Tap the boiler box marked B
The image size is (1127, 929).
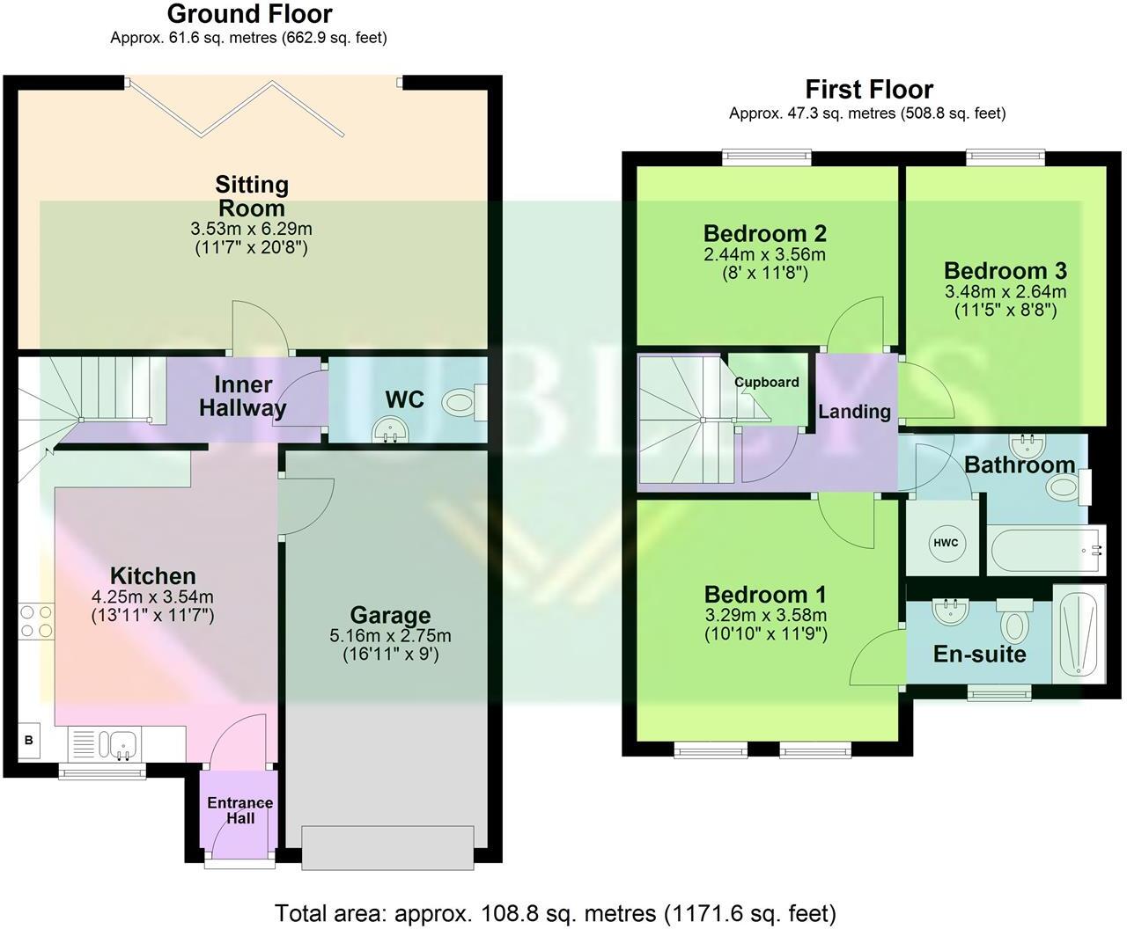pos(29,741)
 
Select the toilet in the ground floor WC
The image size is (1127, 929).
pos(461,404)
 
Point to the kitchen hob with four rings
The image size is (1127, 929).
pos(35,620)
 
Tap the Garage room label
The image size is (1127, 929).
pos(390,615)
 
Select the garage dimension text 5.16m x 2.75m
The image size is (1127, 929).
pos(390,636)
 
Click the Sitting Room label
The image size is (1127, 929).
pos(252,196)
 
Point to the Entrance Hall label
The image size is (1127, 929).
pos(239,810)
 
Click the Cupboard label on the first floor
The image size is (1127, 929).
pos(767,382)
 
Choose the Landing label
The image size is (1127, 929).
pos(854,411)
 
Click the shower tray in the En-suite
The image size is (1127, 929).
pos(1079,633)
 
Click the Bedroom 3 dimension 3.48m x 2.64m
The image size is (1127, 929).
pos(1005,292)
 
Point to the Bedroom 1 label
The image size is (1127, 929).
pos(764,594)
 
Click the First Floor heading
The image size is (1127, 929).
pos(868,89)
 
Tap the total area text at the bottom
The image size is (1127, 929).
pos(556,913)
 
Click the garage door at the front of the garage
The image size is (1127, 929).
pos(390,847)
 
